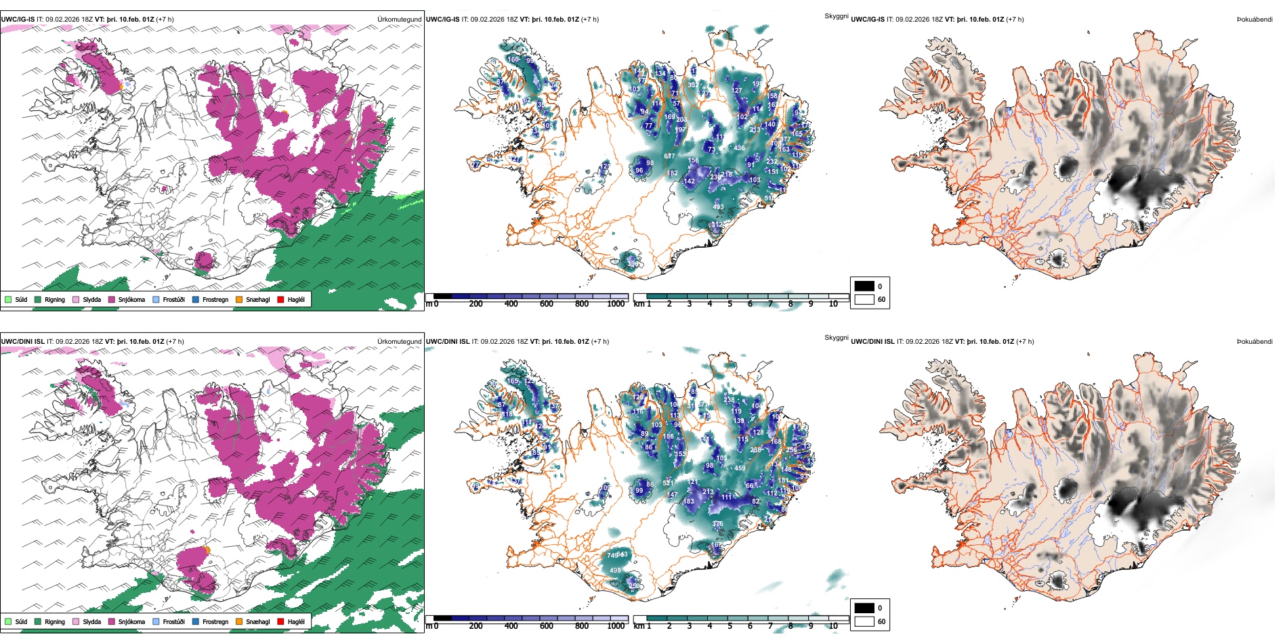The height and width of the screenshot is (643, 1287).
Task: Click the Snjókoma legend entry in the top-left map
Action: pyautogui.click(x=131, y=299)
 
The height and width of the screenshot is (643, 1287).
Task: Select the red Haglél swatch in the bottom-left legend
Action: pyautogui.click(x=281, y=621)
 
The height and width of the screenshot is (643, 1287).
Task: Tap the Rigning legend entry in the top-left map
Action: pyautogui.click(x=55, y=299)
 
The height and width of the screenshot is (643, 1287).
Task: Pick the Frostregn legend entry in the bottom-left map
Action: pyautogui.click(x=215, y=621)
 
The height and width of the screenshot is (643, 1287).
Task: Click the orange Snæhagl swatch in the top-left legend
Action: pyautogui.click(x=239, y=299)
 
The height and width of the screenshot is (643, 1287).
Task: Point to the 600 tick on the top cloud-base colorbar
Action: pyautogui.click(x=546, y=304)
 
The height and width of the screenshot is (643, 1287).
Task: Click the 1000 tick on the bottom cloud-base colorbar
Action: pyautogui.click(x=616, y=626)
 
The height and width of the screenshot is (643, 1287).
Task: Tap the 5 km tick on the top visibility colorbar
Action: pyautogui.click(x=730, y=304)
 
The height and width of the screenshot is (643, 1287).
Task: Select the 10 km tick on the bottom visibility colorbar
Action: pyautogui.click(x=833, y=626)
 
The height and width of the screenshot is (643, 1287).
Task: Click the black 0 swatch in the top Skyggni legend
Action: pyautogui.click(x=864, y=286)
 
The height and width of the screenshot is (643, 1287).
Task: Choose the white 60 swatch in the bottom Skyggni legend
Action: pyautogui.click(x=864, y=621)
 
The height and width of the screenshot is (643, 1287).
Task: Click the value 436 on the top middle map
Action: pyautogui.click(x=739, y=148)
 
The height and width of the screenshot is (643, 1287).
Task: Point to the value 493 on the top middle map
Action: pyautogui.click(x=718, y=207)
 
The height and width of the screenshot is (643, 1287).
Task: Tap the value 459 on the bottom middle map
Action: pyautogui.click(x=740, y=468)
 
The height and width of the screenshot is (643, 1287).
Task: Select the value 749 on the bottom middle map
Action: pyautogui.click(x=612, y=556)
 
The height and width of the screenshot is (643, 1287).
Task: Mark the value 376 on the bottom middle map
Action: pyautogui.click(x=717, y=523)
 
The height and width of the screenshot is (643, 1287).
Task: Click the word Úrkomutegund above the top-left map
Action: pyautogui.click(x=399, y=19)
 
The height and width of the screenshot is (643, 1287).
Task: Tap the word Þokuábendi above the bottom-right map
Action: pyautogui.click(x=1254, y=341)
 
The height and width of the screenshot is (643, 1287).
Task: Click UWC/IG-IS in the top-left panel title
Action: pyautogui.click(x=18, y=19)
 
